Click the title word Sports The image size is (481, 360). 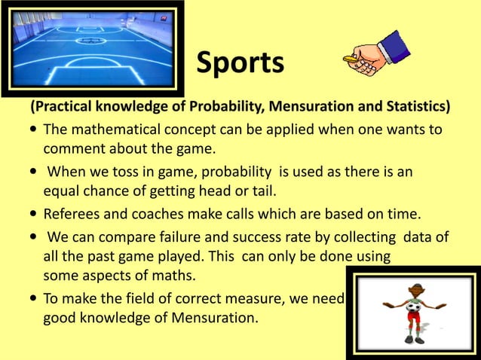point(240,63)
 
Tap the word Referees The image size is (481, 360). point(73,212)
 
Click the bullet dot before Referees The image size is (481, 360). point(35,214)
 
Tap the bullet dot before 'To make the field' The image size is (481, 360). point(35,299)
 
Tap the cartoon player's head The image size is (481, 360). point(415,290)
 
